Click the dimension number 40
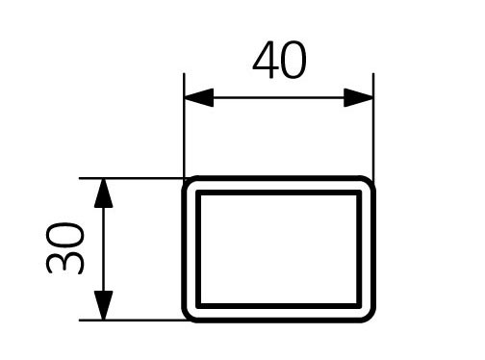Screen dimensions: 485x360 [x=279, y=60]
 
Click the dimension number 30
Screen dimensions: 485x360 [x=65, y=248]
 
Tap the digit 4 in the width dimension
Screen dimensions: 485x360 [x=266, y=60]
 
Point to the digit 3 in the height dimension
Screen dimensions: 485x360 [x=65, y=262]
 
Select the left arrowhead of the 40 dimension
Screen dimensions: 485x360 [x=199, y=97]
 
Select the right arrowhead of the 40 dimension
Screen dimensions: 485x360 [x=358, y=97]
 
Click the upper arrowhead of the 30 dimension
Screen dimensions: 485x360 [x=103, y=193]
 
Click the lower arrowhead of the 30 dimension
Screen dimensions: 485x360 [x=103, y=305]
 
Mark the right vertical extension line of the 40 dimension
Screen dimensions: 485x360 [x=373, y=128]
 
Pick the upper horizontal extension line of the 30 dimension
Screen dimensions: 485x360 [x=132, y=178]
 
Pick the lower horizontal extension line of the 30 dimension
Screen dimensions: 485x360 [x=133, y=320]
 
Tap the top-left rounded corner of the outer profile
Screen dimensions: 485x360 [x=188, y=182]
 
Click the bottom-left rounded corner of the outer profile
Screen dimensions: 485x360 [x=188, y=317]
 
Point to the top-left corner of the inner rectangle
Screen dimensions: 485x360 [x=198, y=193]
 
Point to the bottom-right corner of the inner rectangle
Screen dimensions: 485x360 [x=359, y=306]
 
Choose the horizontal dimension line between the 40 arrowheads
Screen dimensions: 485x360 [x=278, y=97]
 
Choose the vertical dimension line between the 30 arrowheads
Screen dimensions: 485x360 [x=103, y=249]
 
